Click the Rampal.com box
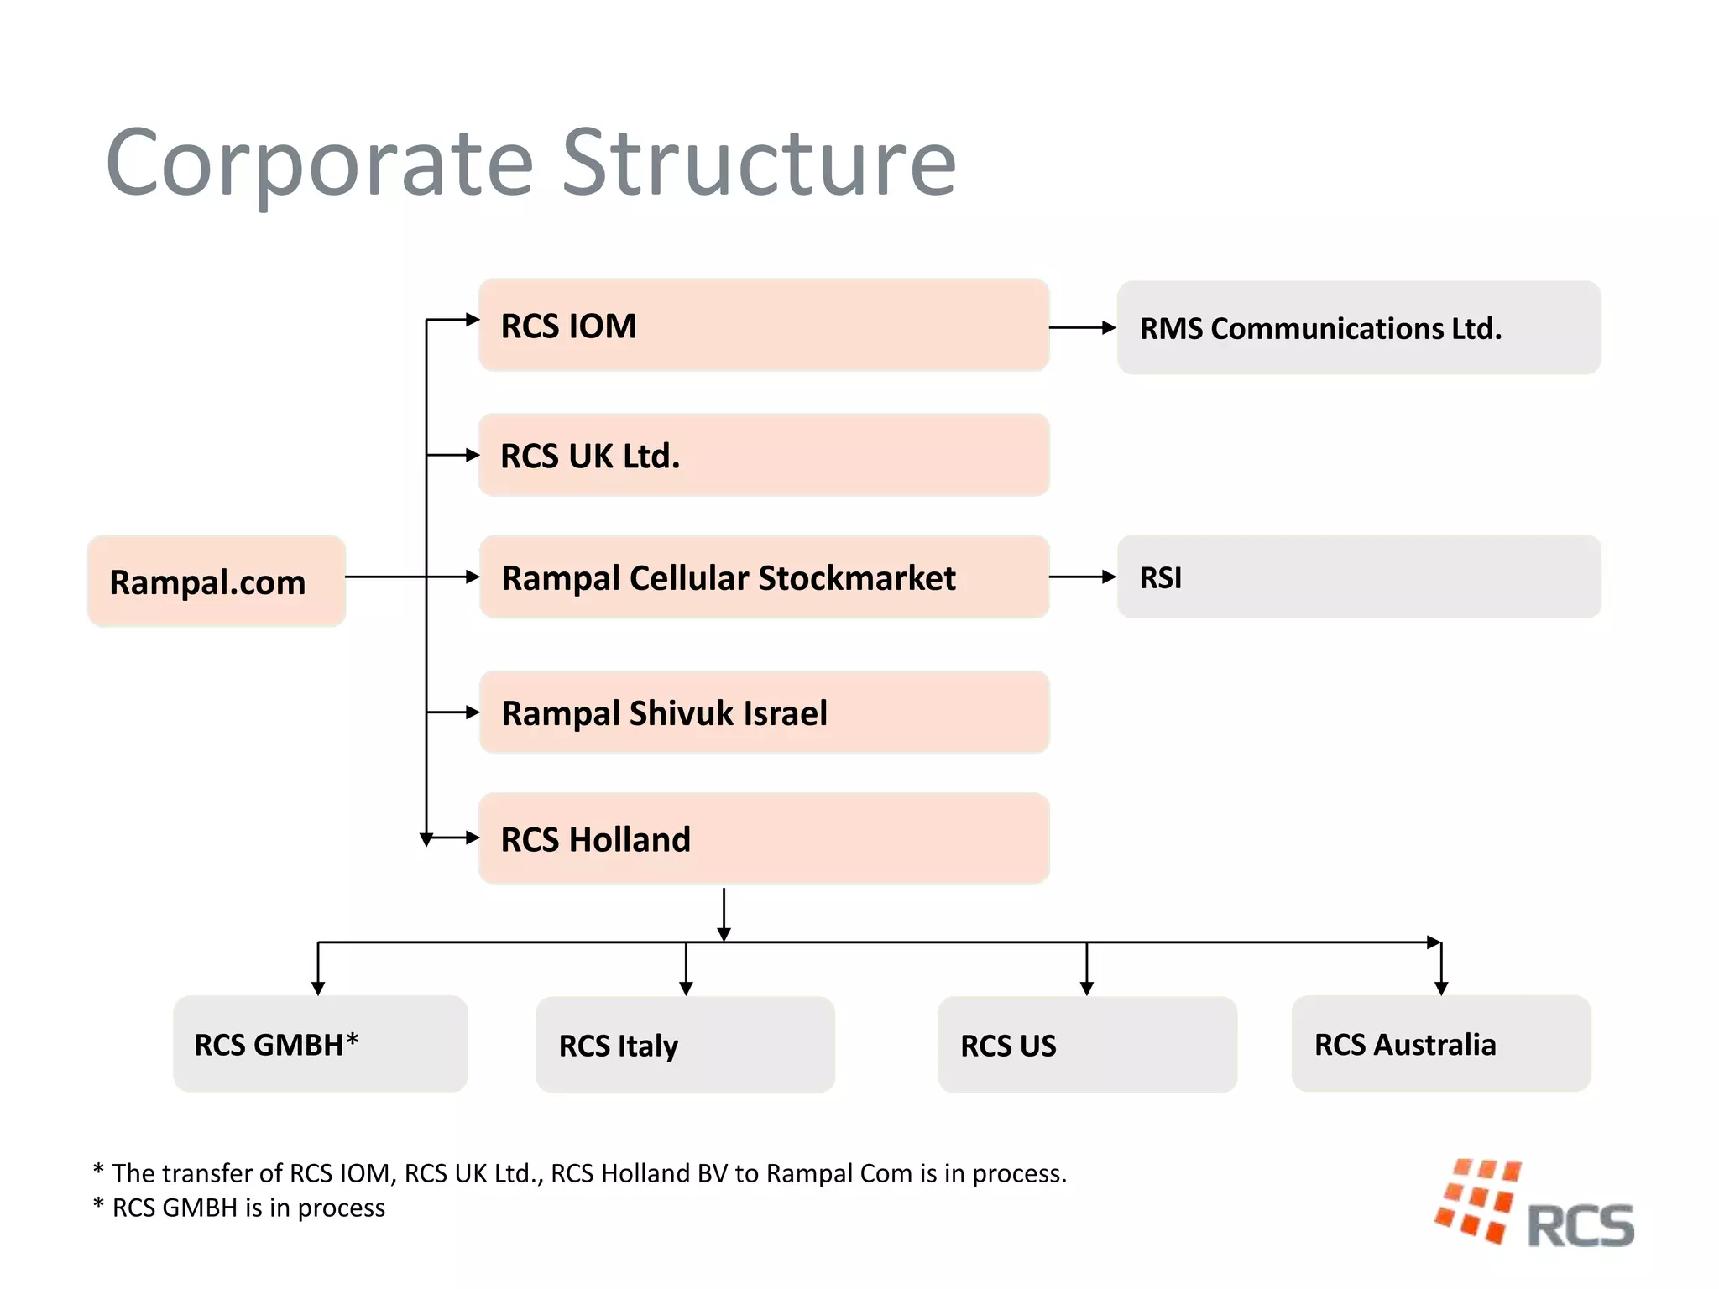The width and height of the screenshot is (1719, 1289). tap(217, 581)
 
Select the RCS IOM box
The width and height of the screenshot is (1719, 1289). tap(763, 325)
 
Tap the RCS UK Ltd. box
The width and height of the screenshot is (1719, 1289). tap(763, 455)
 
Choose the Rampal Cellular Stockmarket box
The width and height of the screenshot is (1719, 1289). tap(763, 577)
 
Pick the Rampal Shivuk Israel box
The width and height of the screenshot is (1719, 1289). tap(763, 712)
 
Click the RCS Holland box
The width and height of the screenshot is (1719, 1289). tap(763, 838)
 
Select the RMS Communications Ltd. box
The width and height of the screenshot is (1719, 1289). tap(1358, 328)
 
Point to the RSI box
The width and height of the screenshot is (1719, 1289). tap(1358, 577)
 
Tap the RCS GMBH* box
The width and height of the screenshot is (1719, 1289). tap(320, 1044)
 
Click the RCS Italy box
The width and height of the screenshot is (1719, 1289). tap(685, 1045)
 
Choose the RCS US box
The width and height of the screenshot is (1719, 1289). tap(1087, 1045)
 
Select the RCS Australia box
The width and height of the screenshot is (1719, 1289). tap(1440, 1044)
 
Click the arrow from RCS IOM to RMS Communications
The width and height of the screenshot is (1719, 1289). tap(1082, 327)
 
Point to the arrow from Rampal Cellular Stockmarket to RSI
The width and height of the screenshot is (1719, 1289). tap(1082, 577)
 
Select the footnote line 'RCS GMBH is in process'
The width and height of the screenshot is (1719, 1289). tap(239, 1208)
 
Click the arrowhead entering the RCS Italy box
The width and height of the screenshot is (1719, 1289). tap(686, 989)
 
